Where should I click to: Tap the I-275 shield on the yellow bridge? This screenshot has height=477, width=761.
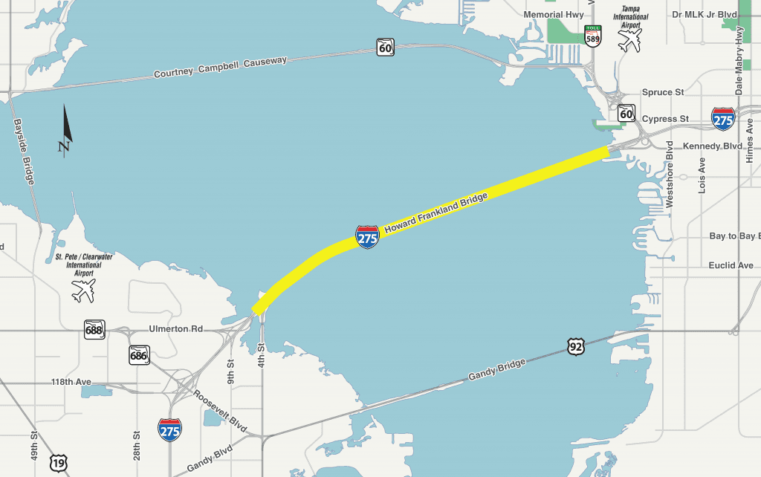coord(367,237)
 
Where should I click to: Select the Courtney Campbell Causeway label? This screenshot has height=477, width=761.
coord(220,67)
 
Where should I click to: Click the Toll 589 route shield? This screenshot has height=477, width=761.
coord(592,36)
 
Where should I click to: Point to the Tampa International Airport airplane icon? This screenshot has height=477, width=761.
coord(629,40)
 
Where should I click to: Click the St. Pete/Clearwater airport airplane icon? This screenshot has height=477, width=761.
coord(83,289)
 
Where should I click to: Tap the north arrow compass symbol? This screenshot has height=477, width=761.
coord(66,129)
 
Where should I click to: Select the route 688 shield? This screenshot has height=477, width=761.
coord(94,330)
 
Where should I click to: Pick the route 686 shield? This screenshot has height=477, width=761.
coord(139,354)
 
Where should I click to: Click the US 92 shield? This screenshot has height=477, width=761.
coord(576,345)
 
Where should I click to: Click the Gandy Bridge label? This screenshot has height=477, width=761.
coord(497,370)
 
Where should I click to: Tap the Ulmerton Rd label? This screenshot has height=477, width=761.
coord(175,328)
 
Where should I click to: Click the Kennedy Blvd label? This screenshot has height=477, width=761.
coord(712,146)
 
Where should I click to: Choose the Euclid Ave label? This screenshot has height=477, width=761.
coord(731,265)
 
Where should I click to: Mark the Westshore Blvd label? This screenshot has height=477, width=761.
coord(670,174)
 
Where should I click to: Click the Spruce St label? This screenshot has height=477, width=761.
coord(662,92)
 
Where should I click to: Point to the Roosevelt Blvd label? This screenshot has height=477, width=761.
coord(219,407)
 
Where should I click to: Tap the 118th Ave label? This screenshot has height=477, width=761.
coord(71,382)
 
